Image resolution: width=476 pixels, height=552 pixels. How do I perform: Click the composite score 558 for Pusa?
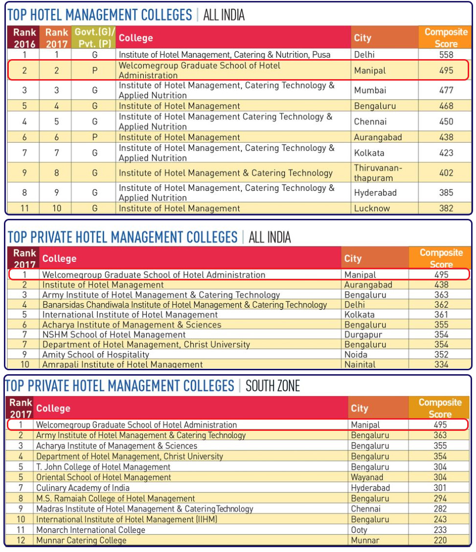(x=446, y=55)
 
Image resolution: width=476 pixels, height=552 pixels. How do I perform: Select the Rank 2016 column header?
(x=24, y=38)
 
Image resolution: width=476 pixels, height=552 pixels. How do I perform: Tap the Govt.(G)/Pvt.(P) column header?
(x=94, y=38)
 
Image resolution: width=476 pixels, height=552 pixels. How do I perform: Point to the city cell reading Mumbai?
(x=370, y=90)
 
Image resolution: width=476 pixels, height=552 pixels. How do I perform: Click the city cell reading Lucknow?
(x=372, y=208)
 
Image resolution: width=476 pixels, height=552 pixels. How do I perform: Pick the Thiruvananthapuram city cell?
(x=378, y=173)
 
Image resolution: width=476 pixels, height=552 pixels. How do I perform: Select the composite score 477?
(x=446, y=90)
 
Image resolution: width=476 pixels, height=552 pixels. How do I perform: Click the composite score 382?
(x=446, y=208)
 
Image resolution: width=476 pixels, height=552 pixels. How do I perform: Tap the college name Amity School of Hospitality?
(x=95, y=355)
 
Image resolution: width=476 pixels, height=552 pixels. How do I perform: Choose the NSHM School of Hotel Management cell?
(x=114, y=335)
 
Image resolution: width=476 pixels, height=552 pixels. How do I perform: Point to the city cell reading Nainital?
(x=360, y=364)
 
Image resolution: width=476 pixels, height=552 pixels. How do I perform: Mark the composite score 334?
(x=441, y=364)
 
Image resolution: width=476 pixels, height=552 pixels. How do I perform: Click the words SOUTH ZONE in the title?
(x=272, y=386)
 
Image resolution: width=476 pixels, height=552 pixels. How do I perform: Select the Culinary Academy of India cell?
(x=83, y=488)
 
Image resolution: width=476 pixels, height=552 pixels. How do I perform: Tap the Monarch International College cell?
(x=91, y=530)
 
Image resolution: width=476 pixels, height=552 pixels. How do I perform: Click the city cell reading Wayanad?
(x=367, y=477)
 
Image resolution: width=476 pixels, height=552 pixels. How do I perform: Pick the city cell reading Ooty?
(x=359, y=530)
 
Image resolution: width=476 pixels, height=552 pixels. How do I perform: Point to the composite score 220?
(x=440, y=540)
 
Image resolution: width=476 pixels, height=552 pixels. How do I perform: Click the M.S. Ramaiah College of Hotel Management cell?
(x=115, y=498)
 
